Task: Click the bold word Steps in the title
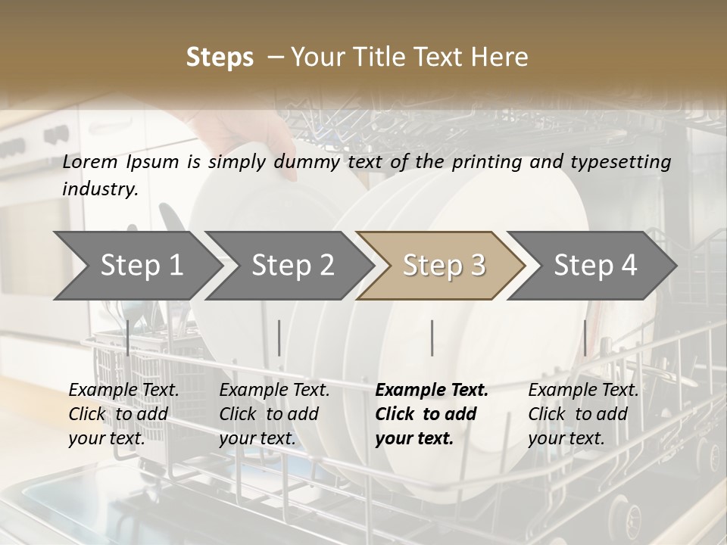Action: [x=220, y=58]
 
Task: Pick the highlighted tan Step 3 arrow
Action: [x=444, y=265]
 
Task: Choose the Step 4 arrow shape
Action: [x=595, y=265]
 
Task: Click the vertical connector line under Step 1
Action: [x=128, y=338]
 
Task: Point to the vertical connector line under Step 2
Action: [x=279, y=338]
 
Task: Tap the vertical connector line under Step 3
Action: [x=432, y=338]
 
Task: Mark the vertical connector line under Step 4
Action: [x=585, y=338]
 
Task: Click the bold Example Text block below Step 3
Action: [x=432, y=414]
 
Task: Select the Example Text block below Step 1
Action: [x=123, y=414]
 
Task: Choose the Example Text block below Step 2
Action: [x=274, y=414]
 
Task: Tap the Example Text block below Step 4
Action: [x=583, y=414]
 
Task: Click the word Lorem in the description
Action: [x=90, y=162]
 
